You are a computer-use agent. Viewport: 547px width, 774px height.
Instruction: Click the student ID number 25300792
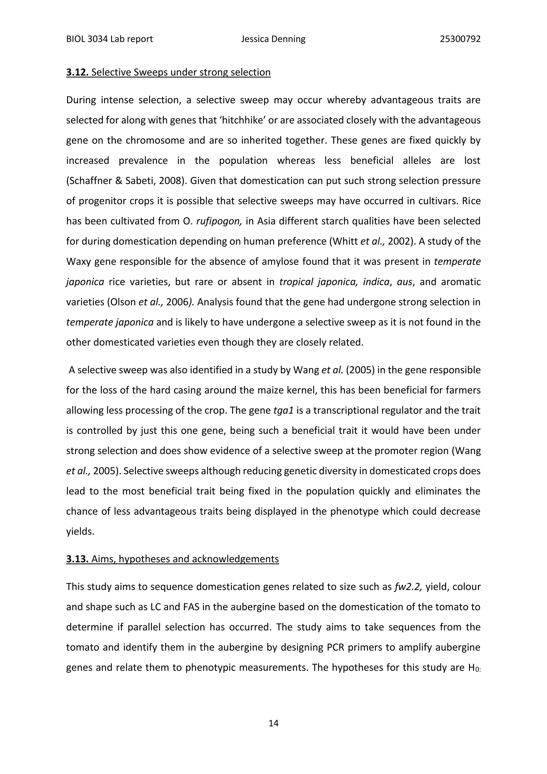[460, 39]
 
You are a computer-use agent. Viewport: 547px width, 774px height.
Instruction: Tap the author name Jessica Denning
[273, 39]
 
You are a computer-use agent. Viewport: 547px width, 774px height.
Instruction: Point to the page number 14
[273, 723]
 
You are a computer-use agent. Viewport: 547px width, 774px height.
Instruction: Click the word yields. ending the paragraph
[80, 532]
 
